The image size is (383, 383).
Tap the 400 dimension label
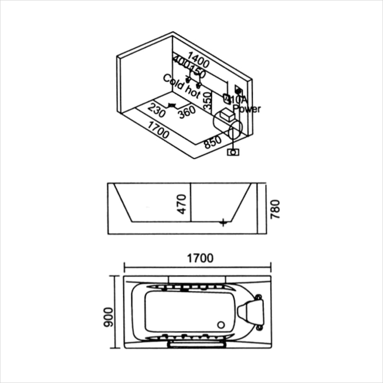pos(182,63)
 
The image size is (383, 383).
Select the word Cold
pos(173,82)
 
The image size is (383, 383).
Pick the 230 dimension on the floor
pos(157,111)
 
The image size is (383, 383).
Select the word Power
pos(247,109)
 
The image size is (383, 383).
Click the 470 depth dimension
pos(183,204)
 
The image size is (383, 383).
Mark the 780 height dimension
pos(276,209)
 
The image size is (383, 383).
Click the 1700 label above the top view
pos(200,258)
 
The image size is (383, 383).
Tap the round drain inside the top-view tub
pos(221,325)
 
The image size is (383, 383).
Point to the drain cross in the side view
pos(223,222)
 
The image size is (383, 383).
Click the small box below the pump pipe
pos(233,152)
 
